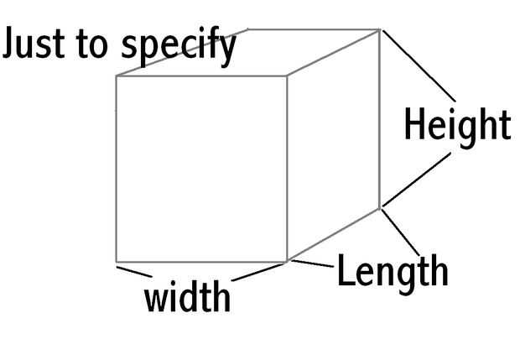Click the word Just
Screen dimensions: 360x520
31,44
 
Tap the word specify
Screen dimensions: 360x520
178,47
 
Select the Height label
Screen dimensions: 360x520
456,126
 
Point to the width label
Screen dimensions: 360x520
187,297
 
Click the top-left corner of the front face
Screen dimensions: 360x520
116,76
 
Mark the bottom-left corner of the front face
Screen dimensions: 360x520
116,262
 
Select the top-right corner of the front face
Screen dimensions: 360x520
288,76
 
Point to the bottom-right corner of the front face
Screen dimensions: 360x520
288,262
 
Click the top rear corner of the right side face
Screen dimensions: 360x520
380,29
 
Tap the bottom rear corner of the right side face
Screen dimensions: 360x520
380,207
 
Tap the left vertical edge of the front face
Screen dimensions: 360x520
116,168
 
